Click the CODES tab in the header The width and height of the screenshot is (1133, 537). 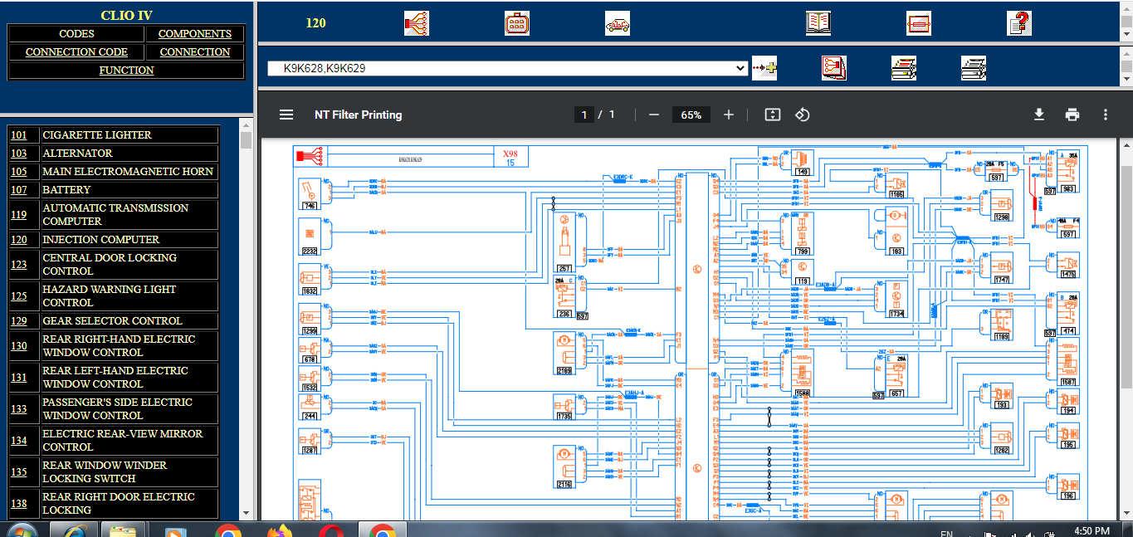click(x=76, y=34)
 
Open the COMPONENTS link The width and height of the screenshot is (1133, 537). click(x=195, y=34)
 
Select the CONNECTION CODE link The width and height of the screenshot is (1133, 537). click(x=76, y=52)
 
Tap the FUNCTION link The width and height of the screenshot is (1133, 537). click(x=126, y=71)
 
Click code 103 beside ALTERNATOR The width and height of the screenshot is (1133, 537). click(x=19, y=154)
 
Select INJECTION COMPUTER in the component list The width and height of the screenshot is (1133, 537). click(x=100, y=240)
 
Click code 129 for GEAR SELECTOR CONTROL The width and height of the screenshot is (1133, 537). click(x=19, y=321)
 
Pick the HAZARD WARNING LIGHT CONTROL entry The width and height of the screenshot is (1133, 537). click(x=109, y=296)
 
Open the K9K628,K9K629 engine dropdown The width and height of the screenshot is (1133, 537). click(x=507, y=69)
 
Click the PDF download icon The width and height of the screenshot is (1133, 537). click(x=1038, y=115)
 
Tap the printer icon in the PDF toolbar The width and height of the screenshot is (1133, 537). click(x=1072, y=115)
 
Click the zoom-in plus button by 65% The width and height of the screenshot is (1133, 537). click(x=729, y=115)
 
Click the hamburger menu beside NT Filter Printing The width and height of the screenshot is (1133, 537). click(x=286, y=115)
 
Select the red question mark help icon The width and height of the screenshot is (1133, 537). click(x=1018, y=23)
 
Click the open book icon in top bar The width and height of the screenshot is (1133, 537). click(x=818, y=23)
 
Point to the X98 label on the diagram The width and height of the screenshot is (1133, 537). click(x=510, y=154)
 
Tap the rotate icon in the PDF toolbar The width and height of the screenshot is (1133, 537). click(x=802, y=115)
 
